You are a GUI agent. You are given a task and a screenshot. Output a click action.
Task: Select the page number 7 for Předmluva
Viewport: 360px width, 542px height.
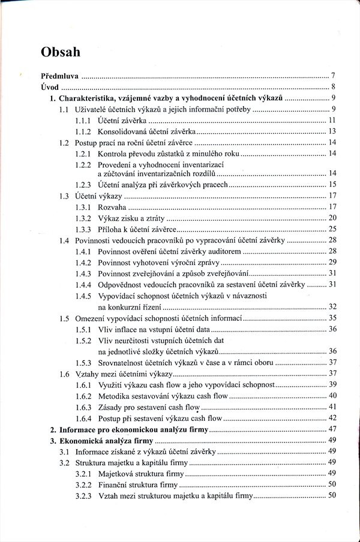[332, 76]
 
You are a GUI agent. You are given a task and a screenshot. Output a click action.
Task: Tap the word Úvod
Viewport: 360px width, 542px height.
[49, 88]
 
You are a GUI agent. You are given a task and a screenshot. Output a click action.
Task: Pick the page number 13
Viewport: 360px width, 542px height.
[331, 131]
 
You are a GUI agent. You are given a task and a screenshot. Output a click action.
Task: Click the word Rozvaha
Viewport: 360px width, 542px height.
[113, 207]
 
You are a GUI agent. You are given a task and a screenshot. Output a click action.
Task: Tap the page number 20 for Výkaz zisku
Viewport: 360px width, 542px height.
[331, 218]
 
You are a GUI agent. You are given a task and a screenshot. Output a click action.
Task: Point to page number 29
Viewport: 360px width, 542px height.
[331, 263]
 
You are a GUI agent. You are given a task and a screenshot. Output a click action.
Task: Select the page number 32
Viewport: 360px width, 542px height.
[331, 306]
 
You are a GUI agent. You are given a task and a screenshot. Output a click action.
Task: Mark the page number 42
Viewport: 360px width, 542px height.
[331, 418]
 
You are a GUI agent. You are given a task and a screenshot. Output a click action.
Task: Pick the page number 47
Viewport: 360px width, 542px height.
[331, 429]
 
